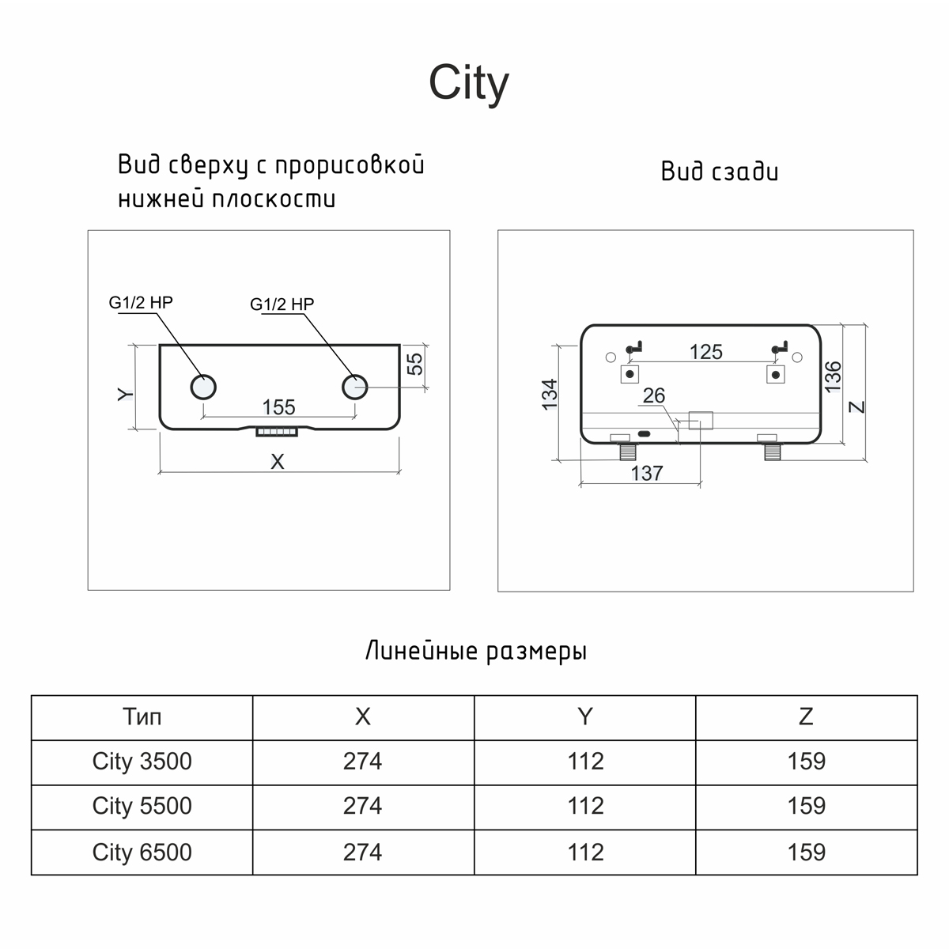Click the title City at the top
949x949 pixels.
pyautogui.click(x=468, y=82)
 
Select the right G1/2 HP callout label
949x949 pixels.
pyautogui.click(x=282, y=304)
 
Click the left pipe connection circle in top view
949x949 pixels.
pyautogui.click(x=203, y=387)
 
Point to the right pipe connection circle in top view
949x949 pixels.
pyautogui.click(x=355, y=387)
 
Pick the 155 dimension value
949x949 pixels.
pyautogui.click(x=278, y=406)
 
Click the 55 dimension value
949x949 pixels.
pyautogui.click(x=414, y=363)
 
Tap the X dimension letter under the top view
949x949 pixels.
pyautogui.click(x=277, y=462)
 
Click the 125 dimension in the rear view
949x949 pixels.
pyautogui.click(x=705, y=351)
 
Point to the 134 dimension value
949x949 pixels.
pyautogui.click(x=550, y=394)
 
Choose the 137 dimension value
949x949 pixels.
pyautogui.click(x=646, y=473)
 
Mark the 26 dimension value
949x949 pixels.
pyautogui.click(x=654, y=395)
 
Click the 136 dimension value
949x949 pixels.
pyautogui.click(x=833, y=377)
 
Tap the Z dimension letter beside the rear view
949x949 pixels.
pyautogui.click(x=857, y=407)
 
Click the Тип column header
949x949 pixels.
pyautogui.click(x=142, y=716)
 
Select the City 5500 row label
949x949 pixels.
pyautogui.click(x=142, y=806)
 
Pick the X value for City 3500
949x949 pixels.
pyautogui.click(x=363, y=761)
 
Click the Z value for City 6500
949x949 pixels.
pyautogui.click(x=806, y=852)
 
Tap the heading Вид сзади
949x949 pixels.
pyautogui.click(x=720, y=172)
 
